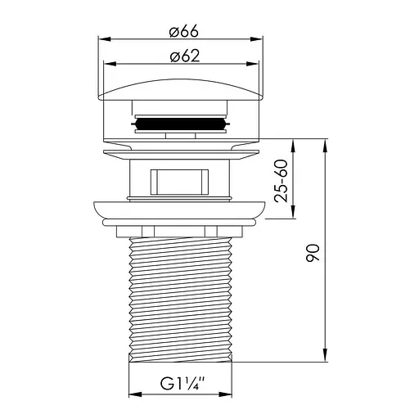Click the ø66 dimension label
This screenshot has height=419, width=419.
click(x=183, y=31)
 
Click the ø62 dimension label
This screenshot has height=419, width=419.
click(x=185, y=56)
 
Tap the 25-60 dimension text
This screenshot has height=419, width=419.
click(x=282, y=181)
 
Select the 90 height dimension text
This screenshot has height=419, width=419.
click(x=313, y=253)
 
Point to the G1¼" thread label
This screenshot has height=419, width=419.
click(x=182, y=384)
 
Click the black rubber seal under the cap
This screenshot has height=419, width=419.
click(x=180, y=124)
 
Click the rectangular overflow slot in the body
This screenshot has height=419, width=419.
click(x=179, y=182)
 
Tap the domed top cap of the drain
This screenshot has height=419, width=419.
click(x=181, y=90)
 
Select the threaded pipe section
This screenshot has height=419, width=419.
click(x=181, y=300)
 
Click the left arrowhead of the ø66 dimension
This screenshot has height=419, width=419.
click(x=104, y=39)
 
